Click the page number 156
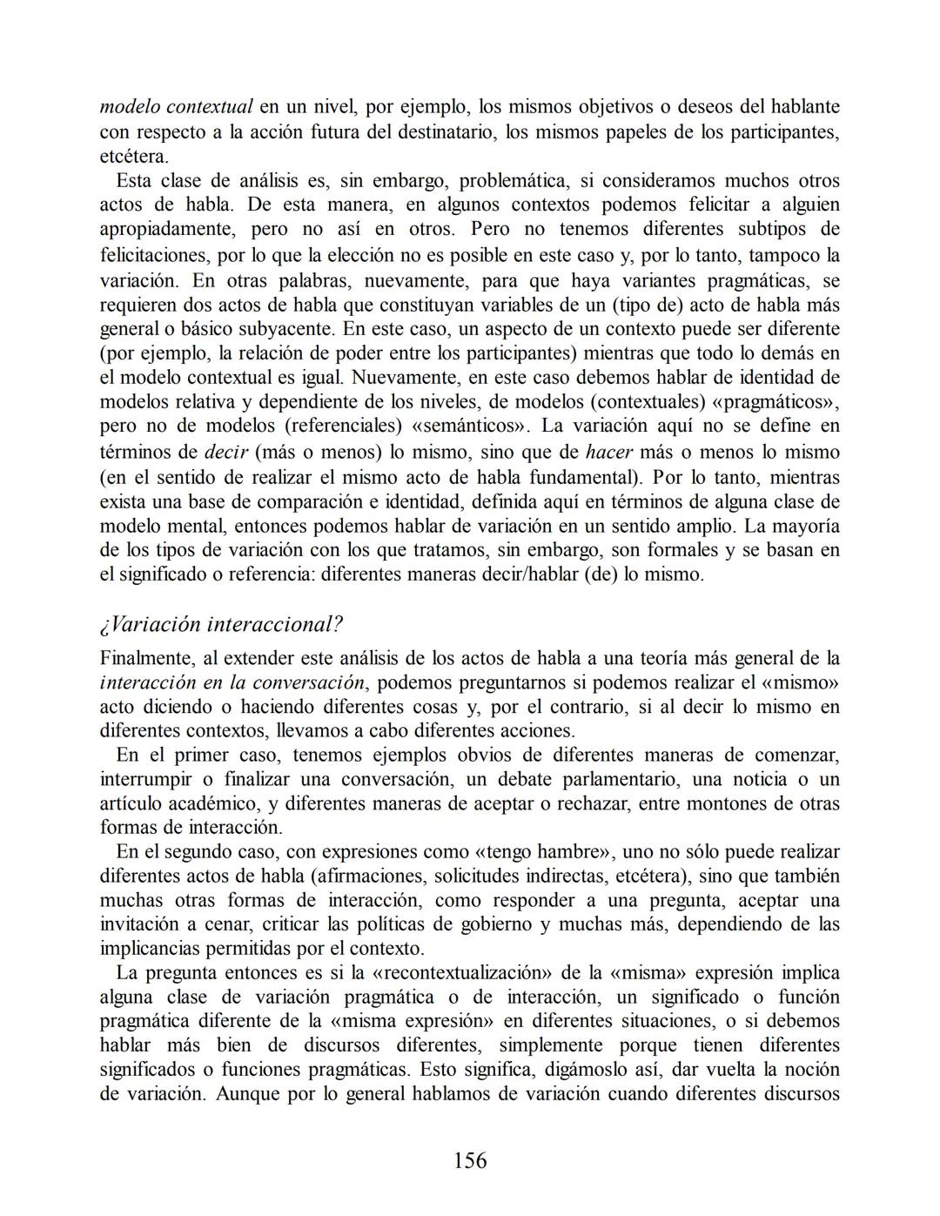(x=470, y=1160)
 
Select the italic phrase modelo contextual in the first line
(x=176, y=107)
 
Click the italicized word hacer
(x=608, y=452)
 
